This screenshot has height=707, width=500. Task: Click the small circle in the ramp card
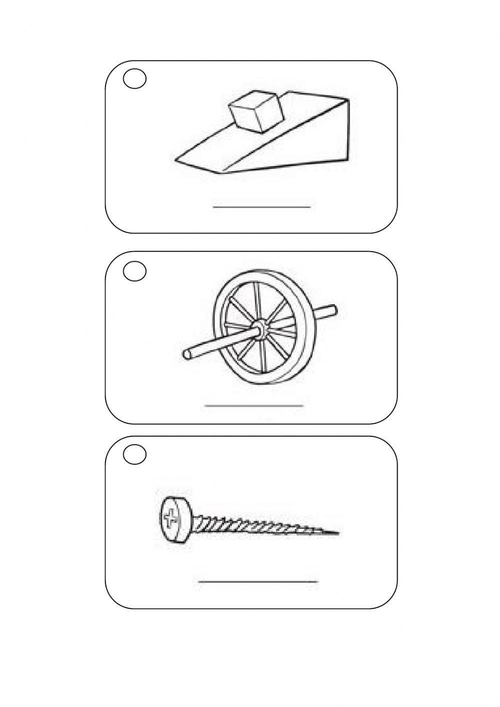pyautogui.click(x=134, y=80)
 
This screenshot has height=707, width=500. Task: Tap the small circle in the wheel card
pyautogui.click(x=134, y=271)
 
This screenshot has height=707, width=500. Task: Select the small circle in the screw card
pyautogui.click(x=134, y=455)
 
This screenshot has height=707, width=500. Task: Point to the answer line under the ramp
pyautogui.click(x=261, y=206)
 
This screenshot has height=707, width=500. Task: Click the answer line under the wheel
pyautogui.click(x=254, y=405)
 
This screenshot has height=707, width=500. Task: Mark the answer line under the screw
pyautogui.click(x=258, y=581)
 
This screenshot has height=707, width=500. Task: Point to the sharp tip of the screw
pyautogui.click(x=338, y=534)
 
